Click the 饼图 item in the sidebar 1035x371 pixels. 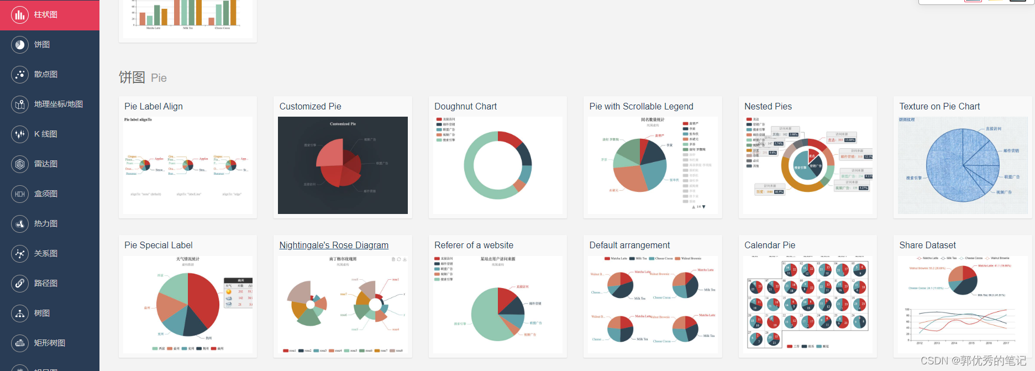tap(41, 45)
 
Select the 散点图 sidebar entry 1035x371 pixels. tap(45, 75)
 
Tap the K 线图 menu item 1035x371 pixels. tap(45, 134)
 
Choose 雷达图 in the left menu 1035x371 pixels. tap(45, 164)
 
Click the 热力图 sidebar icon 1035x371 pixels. tap(20, 224)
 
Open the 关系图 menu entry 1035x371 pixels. tap(45, 254)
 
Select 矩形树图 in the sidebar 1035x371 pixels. tap(49, 343)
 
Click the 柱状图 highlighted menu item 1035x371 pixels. tap(45, 15)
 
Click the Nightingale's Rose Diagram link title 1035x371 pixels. tap(334, 245)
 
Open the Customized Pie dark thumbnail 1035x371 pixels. tap(343, 165)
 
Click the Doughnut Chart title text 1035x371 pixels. tap(465, 107)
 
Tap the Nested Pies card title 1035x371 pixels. tap(768, 107)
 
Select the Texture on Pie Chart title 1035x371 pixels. tap(939, 107)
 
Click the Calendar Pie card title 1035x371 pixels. tap(769, 245)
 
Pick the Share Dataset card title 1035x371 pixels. tap(927, 245)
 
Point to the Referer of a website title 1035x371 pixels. tap(474, 245)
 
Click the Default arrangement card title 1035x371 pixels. tap(629, 245)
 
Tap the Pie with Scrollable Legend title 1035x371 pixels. tap(641, 107)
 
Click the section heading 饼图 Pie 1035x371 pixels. tap(143, 77)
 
